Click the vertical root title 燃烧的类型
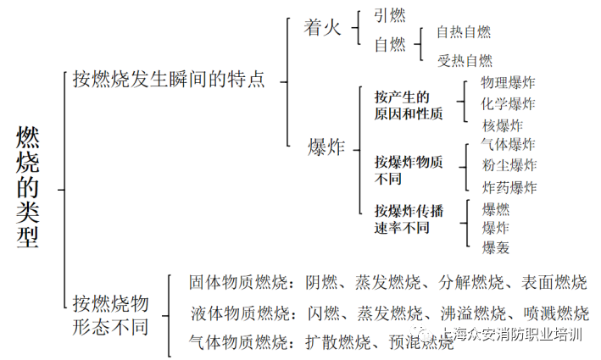click(x=28, y=187)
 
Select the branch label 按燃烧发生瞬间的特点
click(x=169, y=80)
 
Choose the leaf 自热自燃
click(x=464, y=32)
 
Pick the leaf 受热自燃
click(x=464, y=60)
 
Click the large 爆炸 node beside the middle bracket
click(x=326, y=147)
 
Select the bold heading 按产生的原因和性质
click(x=409, y=105)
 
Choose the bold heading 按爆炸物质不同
click(x=409, y=169)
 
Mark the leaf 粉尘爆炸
click(x=509, y=165)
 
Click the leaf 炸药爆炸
click(x=509, y=187)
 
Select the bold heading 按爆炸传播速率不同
click(x=409, y=218)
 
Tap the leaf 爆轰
click(x=495, y=247)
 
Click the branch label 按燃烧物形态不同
click(x=111, y=313)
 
